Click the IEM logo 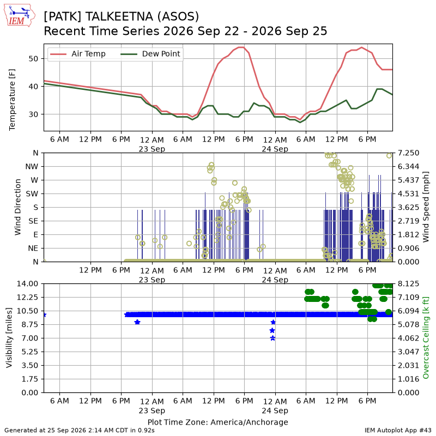19,16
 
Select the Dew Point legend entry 150,54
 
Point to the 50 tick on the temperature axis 33,59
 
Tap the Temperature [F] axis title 12,100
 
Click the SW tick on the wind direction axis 32,194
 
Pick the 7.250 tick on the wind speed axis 408,153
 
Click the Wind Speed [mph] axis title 426,207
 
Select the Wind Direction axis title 18,207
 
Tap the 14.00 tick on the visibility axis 27,284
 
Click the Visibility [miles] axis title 9,338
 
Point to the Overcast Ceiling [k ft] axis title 426,338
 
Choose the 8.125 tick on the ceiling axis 408,284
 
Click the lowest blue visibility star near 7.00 273,338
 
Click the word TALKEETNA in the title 119,16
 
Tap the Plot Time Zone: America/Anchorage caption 217,422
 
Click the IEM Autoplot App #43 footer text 398,431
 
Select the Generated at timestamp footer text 80,431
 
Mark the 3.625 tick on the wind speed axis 408,208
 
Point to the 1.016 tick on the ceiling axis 408,379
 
